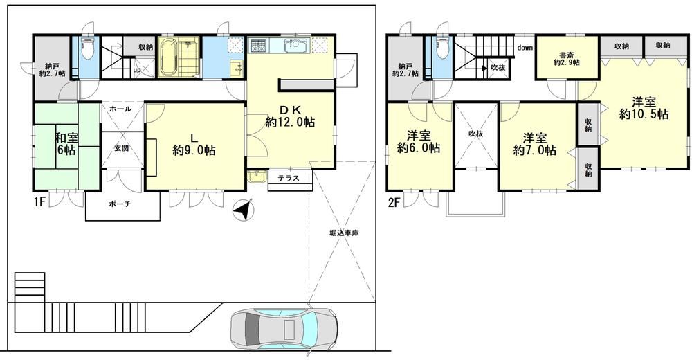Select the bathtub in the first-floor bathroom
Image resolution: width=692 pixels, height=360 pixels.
(x=167, y=57)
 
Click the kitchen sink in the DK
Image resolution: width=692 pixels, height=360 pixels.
(x=296, y=45)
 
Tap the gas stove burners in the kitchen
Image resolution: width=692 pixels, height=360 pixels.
(x=257, y=46)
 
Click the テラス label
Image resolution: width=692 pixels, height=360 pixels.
(x=289, y=179)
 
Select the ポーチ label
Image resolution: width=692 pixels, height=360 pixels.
(x=120, y=204)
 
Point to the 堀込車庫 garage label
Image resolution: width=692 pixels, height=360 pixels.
(x=344, y=233)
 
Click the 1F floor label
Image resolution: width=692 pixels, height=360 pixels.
(x=40, y=202)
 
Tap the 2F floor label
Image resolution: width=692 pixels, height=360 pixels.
(x=394, y=202)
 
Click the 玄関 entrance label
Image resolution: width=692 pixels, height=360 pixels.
(x=122, y=149)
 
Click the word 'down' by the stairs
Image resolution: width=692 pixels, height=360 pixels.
(x=525, y=48)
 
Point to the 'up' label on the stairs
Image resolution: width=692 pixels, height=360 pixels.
(x=137, y=70)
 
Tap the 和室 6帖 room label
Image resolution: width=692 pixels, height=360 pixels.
(x=66, y=143)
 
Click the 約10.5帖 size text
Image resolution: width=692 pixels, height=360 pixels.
(x=644, y=114)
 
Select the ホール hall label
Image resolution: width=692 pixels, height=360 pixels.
(x=120, y=109)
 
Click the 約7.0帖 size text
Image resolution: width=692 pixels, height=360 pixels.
(x=535, y=151)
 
